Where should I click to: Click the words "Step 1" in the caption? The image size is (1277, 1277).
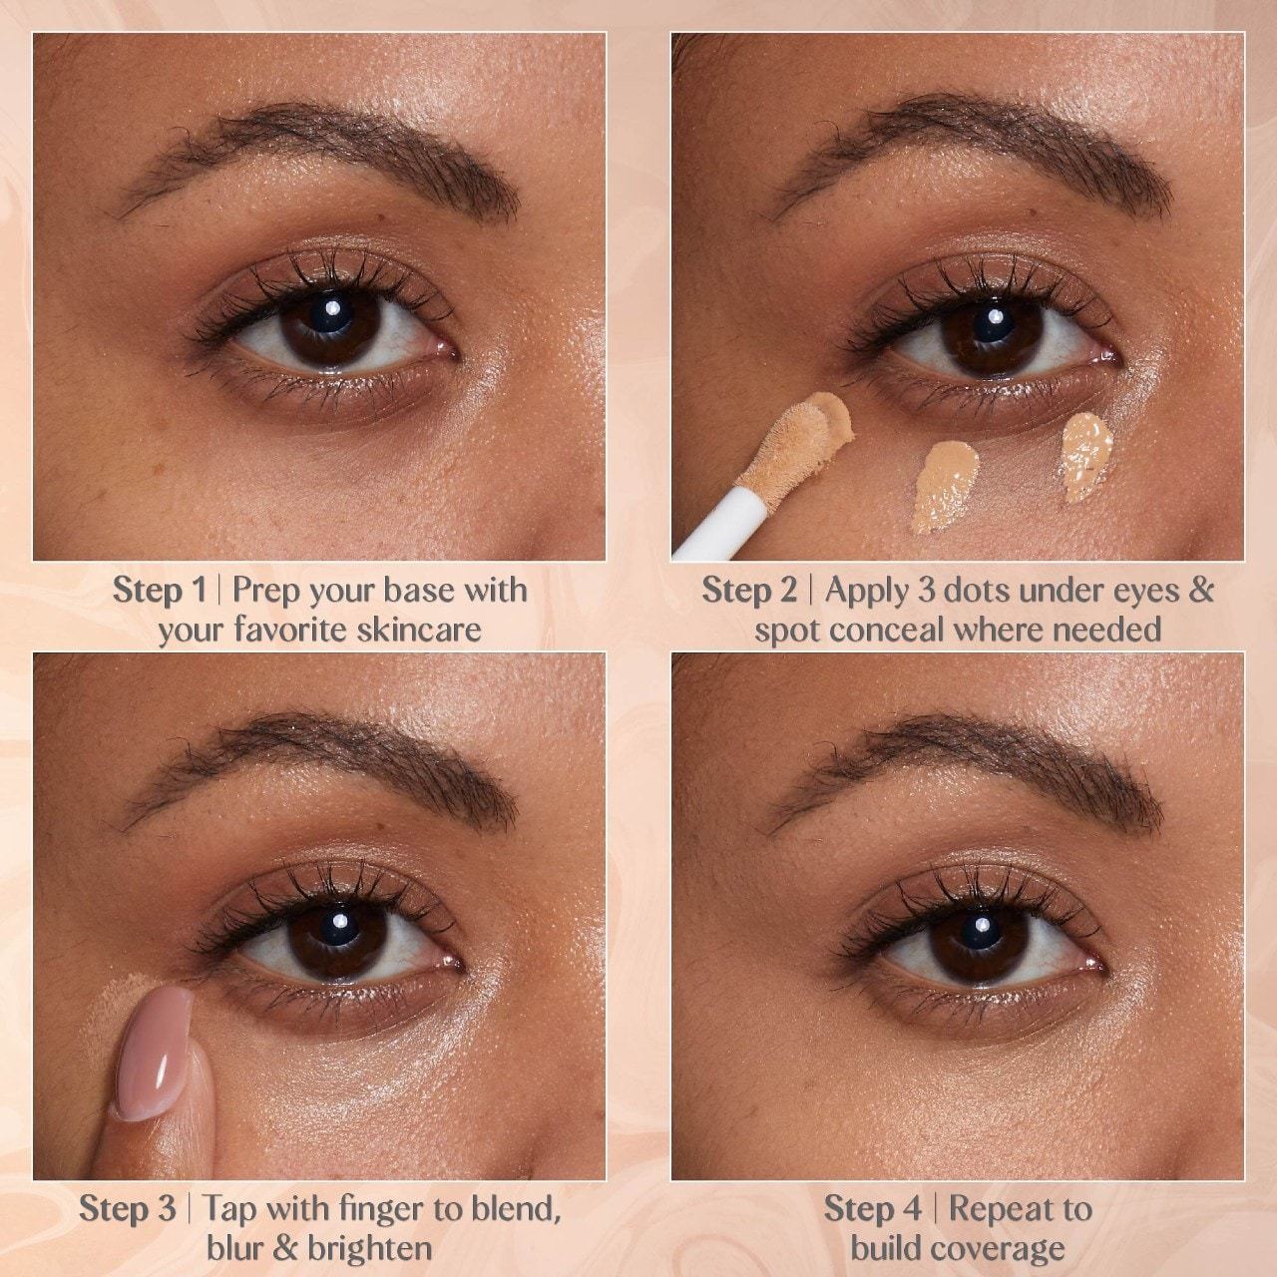pos(159,591)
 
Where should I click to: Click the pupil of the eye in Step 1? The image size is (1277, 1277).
pos(329,326)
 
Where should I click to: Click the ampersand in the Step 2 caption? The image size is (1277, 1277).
pos(1200,591)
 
